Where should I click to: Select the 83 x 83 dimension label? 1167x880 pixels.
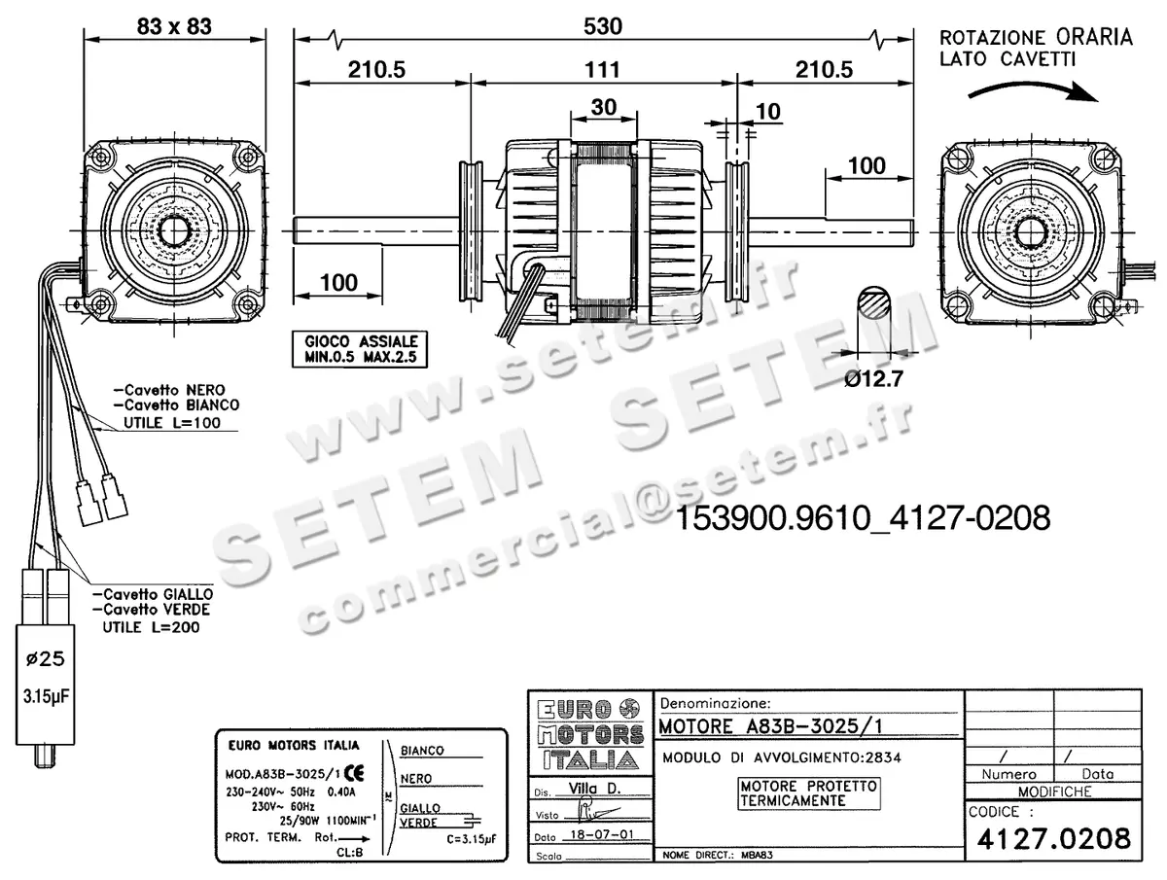175,26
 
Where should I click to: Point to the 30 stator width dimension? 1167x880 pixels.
604,108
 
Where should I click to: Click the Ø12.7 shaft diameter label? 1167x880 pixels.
873,380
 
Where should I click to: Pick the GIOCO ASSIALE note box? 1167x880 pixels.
361,350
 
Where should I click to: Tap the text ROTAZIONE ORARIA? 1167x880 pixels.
1036,38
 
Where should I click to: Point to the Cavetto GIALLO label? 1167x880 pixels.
153,593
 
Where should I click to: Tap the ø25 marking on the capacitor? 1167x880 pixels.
45,660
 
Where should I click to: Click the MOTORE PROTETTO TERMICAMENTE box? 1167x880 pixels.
808,792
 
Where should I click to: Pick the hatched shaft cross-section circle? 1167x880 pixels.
874,304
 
